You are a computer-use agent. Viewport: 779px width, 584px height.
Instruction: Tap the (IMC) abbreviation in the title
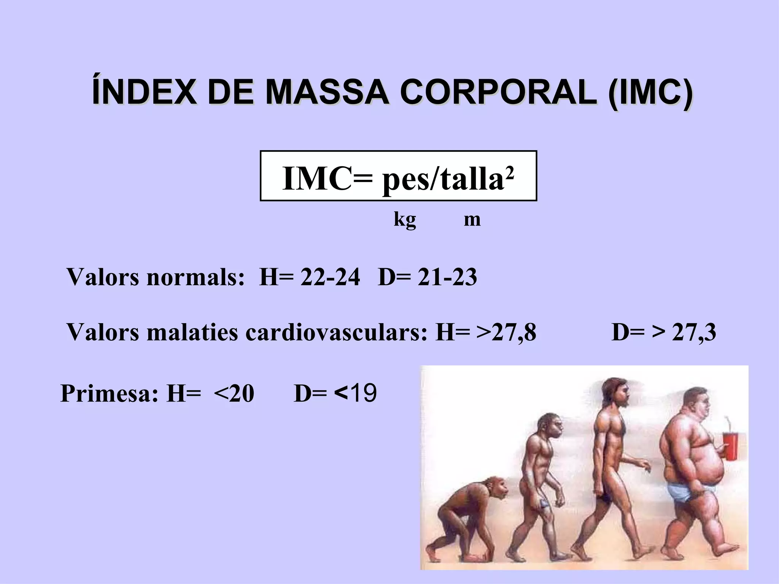point(650,93)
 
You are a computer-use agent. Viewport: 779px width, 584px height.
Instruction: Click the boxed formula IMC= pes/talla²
point(398,176)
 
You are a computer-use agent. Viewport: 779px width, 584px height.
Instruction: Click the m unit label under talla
point(472,219)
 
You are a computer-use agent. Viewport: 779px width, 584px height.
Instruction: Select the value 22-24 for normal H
point(330,277)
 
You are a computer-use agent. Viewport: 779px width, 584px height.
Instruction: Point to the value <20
point(234,393)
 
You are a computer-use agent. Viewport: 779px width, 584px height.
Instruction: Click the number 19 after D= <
point(364,393)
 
